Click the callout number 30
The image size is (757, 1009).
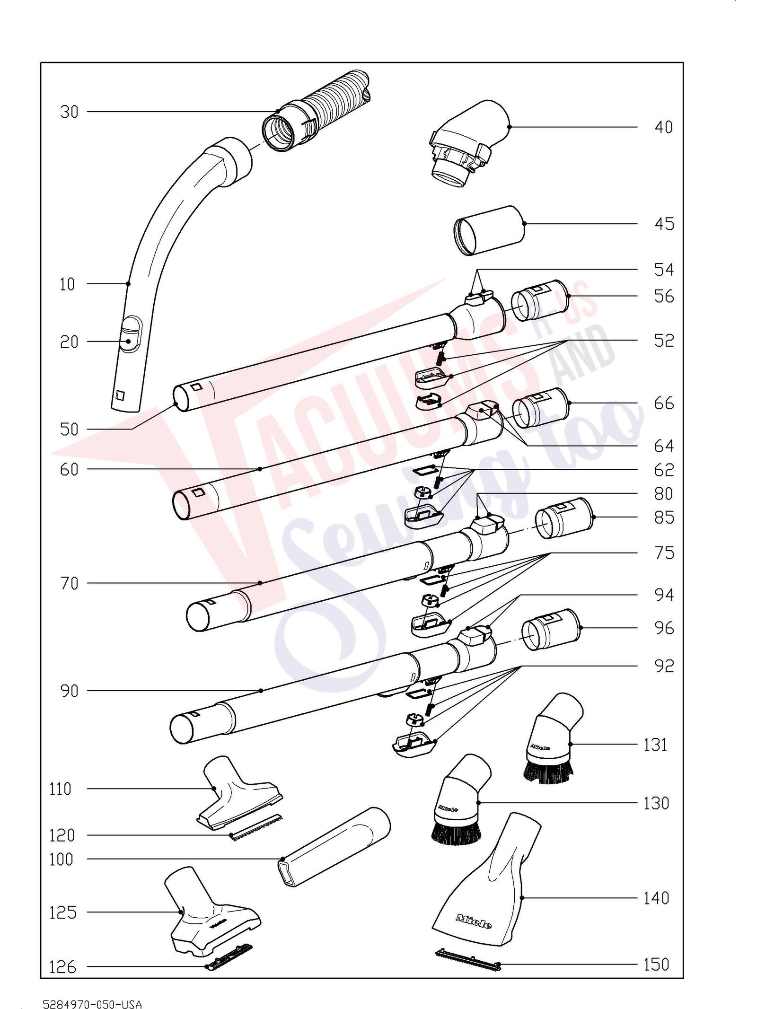point(69,113)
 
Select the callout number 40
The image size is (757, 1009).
point(664,128)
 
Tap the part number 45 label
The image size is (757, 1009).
point(664,224)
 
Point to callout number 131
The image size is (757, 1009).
point(655,745)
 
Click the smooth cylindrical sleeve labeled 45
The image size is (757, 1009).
point(490,231)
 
